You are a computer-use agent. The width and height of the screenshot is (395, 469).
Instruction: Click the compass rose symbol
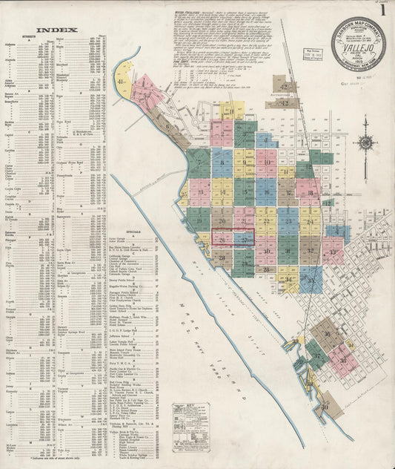point(365,143)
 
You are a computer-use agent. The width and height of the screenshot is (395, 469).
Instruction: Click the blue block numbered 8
point(222,162)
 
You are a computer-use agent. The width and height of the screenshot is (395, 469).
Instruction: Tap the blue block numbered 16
point(266,191)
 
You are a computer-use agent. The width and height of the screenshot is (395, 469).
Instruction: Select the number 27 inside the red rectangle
point(244,239)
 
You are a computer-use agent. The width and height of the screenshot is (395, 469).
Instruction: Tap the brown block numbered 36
point(327,334)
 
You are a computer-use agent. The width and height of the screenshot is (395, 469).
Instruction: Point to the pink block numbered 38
point(343,360)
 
